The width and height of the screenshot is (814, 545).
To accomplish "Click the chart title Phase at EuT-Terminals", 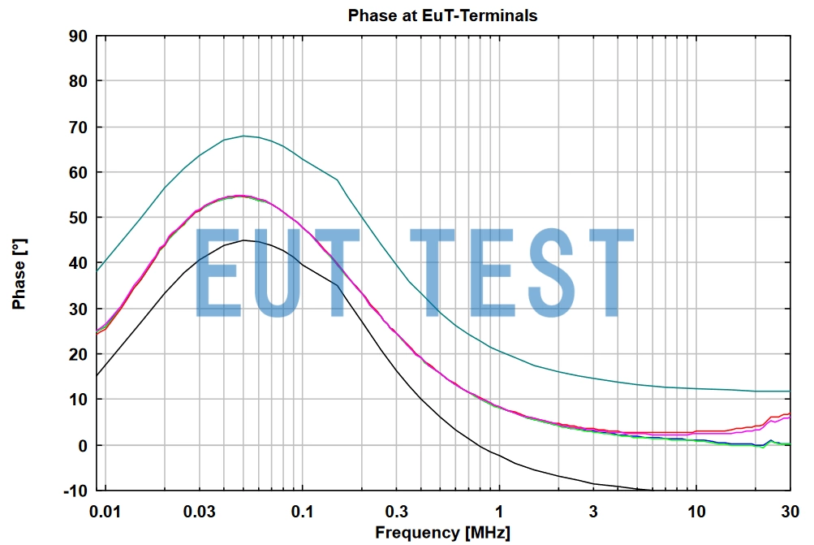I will click(442, 15).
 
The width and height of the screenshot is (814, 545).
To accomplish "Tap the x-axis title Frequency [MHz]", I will click(442, 533).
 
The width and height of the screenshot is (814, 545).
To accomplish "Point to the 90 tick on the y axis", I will click(79, 36).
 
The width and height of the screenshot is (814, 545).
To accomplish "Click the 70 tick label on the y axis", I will click(79, 127).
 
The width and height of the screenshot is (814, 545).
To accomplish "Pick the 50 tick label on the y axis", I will click(79, 218).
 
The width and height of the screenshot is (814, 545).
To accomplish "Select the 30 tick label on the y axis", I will click(79, 309).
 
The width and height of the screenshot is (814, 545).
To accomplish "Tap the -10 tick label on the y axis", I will click(75, 491).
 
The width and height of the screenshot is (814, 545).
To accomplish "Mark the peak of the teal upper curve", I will click(243, 136).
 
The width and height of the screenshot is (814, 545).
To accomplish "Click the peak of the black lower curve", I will click(243, 240).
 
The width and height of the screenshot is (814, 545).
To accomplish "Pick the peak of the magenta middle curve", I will click(242, 196).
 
